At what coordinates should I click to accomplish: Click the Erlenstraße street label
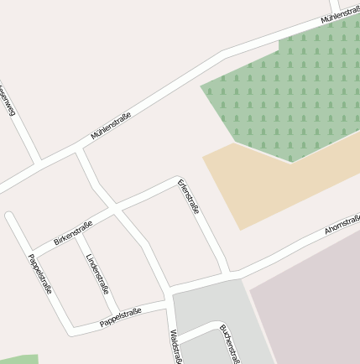tap(189, 196)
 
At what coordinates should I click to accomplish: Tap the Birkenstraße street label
tap(73, 232)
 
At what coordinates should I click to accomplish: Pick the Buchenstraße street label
tap(230, 344)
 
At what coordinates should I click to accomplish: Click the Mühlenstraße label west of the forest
tap(111, 125)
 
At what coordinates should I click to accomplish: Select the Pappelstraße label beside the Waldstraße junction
tap(120, 317)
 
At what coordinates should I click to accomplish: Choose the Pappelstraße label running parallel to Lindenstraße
tap(40, 273)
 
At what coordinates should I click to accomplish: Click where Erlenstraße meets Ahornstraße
tap(228, 273)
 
